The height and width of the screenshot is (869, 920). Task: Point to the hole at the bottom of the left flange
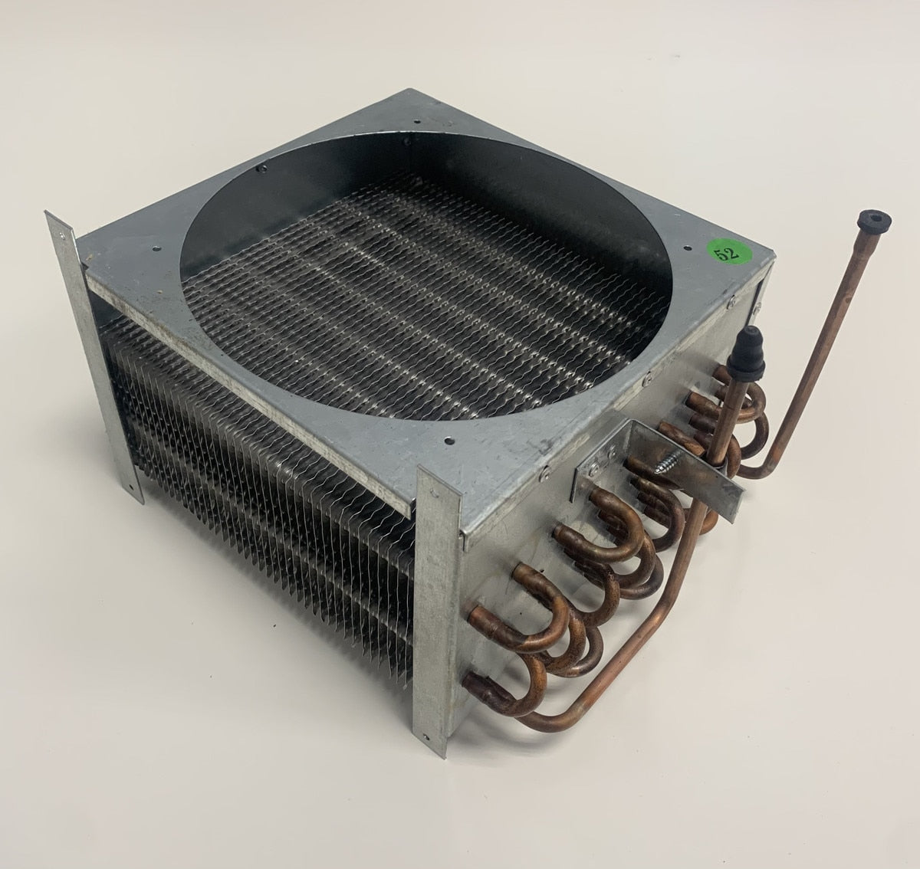coord(131,487)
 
